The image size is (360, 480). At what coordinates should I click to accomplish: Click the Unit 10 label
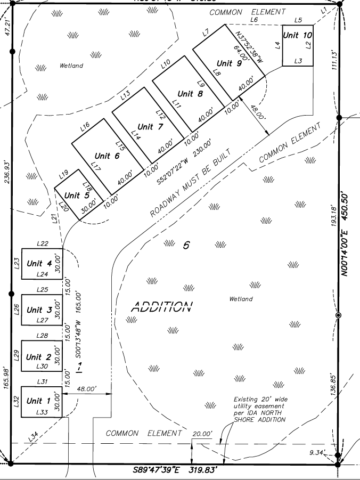[297, 35]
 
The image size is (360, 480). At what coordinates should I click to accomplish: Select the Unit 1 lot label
[38, 401]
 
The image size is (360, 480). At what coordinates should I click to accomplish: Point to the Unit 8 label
[190, 94]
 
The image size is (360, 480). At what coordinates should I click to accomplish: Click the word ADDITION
[161, 307]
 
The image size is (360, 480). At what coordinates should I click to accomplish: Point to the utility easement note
[259, 409]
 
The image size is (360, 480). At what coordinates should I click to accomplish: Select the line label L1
[324, 11]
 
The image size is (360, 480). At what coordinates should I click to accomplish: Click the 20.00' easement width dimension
[202, 434]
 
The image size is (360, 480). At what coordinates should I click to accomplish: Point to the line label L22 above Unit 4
[43, 243]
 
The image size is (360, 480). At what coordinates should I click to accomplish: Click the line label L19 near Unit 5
[63, 173]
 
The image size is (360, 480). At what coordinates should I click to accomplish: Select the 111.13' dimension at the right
[334, 61]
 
